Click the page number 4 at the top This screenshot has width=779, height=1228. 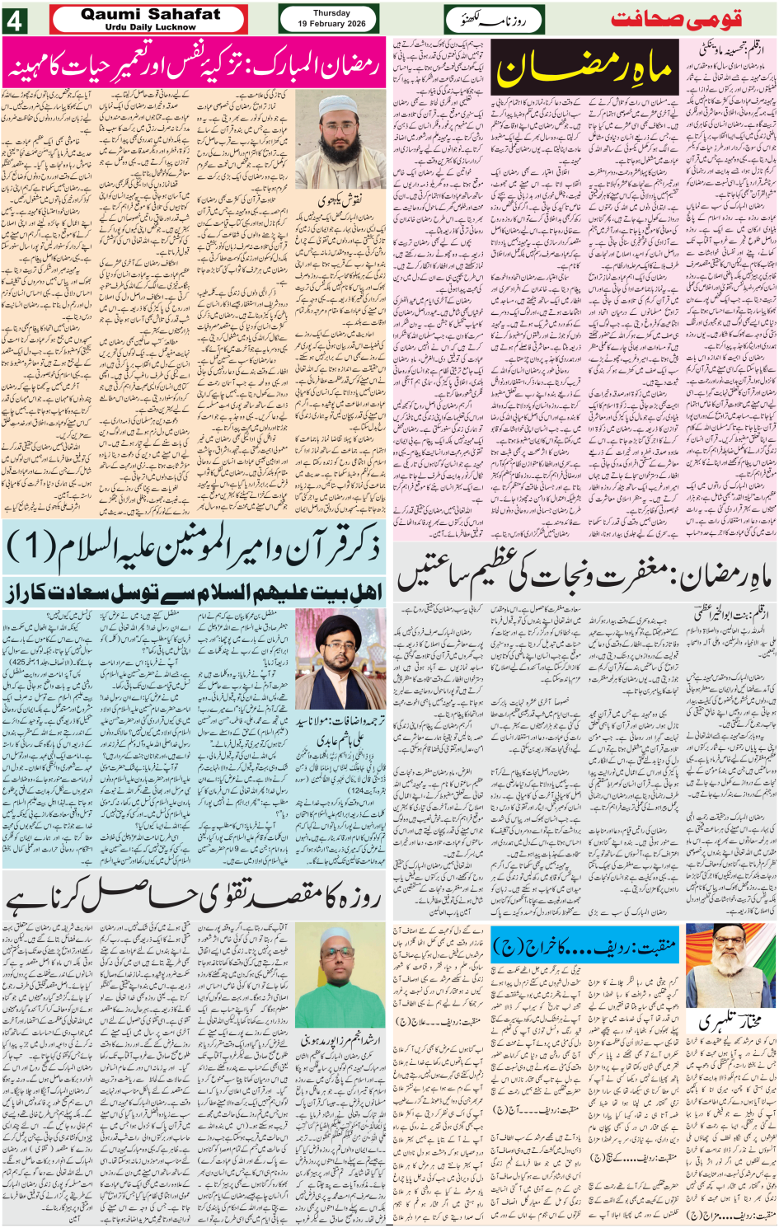tap(14, 20)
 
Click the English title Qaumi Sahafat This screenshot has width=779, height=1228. tap(150, 13)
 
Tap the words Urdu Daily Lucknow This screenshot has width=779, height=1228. tap(150, 27)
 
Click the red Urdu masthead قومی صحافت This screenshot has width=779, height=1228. tap(676, 19)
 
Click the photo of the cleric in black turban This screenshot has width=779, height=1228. tap(340, 659)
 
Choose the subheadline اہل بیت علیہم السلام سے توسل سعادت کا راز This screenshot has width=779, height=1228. tap(194, 593)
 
